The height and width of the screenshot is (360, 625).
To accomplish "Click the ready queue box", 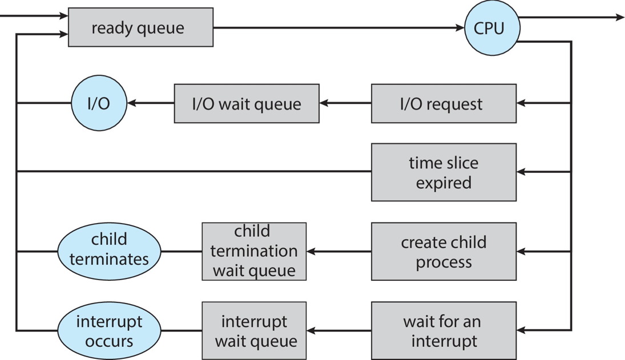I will (140, 27).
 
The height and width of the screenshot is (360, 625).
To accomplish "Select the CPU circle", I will (490, 27).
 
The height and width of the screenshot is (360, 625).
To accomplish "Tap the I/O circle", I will (99, 103).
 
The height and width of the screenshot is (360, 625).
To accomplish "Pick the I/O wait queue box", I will (246, 103).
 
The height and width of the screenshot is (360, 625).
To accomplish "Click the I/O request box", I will (443, 103).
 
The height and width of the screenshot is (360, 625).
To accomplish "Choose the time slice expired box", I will (443, 172).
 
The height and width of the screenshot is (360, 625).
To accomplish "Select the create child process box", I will (443, 251).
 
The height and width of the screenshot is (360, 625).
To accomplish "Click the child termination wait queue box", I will (254, 251).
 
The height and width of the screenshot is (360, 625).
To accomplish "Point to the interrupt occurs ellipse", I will (109, 330).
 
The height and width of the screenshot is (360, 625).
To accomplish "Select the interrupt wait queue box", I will (254, 330).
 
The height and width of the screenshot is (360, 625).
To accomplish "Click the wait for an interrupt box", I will (443, 330).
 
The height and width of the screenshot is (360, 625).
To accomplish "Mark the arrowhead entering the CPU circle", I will (460, 27).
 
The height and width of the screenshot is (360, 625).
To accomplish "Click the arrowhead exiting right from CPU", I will (620, 18).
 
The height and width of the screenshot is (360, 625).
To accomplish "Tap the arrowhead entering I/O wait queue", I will (324, 103).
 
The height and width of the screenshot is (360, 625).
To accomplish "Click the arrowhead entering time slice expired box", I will (521, 172).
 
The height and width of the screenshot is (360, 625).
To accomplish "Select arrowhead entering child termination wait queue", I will (311, 251).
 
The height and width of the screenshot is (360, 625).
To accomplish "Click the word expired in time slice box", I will (443, 183).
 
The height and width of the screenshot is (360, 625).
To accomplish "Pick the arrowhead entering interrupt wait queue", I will (311, 330).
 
